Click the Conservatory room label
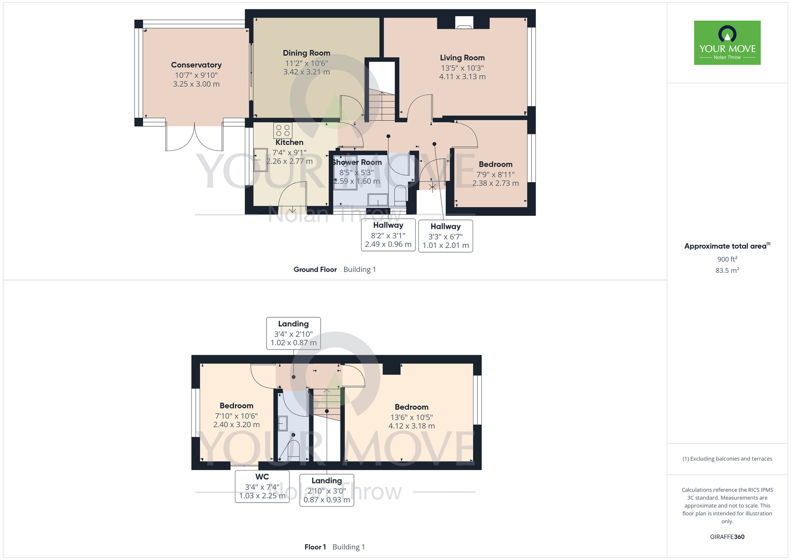196,65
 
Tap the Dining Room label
307,53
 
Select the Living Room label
462,58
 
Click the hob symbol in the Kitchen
283,130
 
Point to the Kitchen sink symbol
260,160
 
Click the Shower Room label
357,162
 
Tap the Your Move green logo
727,43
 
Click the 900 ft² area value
727,259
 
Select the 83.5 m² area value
727,270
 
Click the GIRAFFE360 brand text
727,537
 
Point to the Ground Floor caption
315,270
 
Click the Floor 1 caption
315,547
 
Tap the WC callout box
262,486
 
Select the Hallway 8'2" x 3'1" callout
388,235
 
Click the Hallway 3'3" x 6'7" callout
446,236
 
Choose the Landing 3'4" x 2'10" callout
293,333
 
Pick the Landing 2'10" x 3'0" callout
327,490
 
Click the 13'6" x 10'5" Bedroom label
412,417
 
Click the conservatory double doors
194,137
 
